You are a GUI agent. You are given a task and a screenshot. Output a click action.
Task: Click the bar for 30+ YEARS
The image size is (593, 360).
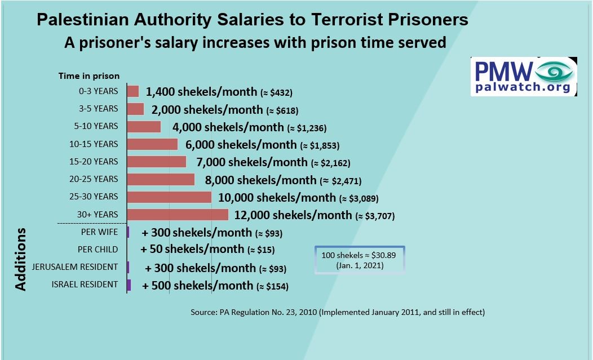coord(178,215)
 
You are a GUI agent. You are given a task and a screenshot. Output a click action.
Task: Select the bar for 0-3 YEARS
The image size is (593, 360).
coord(133,91)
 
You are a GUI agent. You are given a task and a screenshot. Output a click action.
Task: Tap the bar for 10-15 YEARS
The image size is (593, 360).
coord(152,144)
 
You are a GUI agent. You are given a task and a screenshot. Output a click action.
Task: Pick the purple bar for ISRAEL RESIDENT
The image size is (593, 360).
coord(129,285)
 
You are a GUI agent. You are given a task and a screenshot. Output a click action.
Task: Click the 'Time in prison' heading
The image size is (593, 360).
coord(89,76)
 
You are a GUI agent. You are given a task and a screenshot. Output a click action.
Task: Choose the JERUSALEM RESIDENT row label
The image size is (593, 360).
coord(75,267)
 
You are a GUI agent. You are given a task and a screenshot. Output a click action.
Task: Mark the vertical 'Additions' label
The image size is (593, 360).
coord(21,259)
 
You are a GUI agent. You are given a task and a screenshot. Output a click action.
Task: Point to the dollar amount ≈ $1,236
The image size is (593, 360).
coord(307,128)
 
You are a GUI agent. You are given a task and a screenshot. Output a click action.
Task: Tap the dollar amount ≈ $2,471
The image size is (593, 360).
coord(340,181)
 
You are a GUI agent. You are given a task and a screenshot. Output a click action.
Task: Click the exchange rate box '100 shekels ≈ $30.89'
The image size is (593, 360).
coord(360,260)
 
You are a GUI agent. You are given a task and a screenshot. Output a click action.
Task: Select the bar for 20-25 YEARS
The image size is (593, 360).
coord(161,179)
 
